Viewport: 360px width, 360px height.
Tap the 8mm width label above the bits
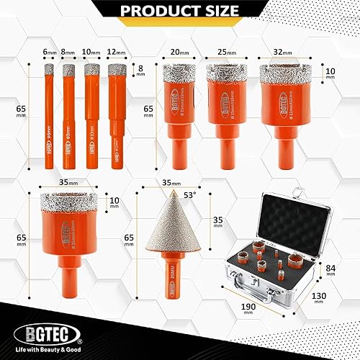[x=68, y=53]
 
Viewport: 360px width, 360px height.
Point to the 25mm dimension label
[x=222, y=53]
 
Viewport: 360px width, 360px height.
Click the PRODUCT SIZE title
[x=180, y=10]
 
